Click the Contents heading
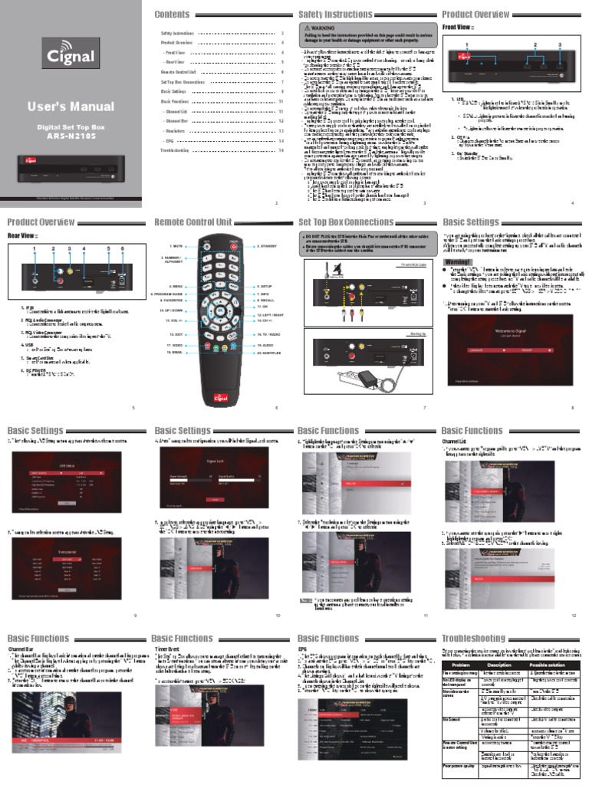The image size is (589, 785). click(x=173, y=15)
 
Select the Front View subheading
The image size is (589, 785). click(x=459, y=28)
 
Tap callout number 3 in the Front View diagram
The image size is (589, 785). click(x=561, y=45)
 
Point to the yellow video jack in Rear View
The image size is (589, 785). click(x=70, y=271)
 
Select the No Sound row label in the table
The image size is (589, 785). click(x=453, y=740)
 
